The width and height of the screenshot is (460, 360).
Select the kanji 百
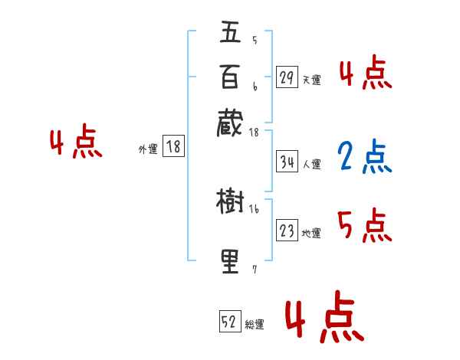pyautogui.click(x=230, y=77)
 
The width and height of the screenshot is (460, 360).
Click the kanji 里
pyautogui.click(x=230, y=261)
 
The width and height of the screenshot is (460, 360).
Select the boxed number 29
pyautogui.click(x=287, y=77)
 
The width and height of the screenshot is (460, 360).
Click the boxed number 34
pyautogui.click(x=287, y=162)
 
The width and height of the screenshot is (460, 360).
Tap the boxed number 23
pyautogui.click(x=287, y=231)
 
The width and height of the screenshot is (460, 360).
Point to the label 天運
pyautogui.click(x=311, y=80)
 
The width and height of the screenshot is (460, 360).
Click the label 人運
pyautogui.click(x=312, y=164)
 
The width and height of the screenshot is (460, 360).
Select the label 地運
pyautogui.click(x=311, y=233)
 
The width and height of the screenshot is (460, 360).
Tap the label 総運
pyautogui.click(x=255, y=325)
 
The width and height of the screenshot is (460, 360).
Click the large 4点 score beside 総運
pyautogui.click(x=324, y=319)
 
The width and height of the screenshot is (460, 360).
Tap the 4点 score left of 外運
pyautogui.click(x=75, y=143)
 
